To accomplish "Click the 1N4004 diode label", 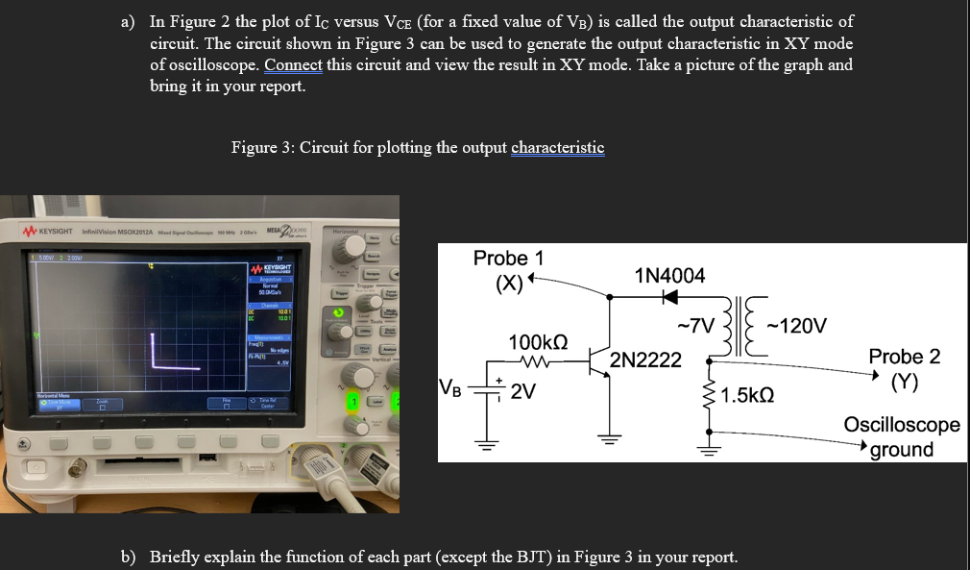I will click(x=669, y=276).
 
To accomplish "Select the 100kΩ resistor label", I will click(x=538, y=341).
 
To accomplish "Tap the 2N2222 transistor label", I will click(x=645, y=360).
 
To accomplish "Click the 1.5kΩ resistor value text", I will click(x=748, y=395).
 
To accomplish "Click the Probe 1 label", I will click(x=508, y=258).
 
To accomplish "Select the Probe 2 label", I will click(x=904, y=357).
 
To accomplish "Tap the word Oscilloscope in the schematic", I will click(x=901, y=424).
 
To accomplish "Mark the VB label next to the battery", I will click(x=449, y=389).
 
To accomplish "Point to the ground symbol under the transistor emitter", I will click(x=607, y=440).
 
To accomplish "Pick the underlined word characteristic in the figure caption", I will click(x=557, y=147).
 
